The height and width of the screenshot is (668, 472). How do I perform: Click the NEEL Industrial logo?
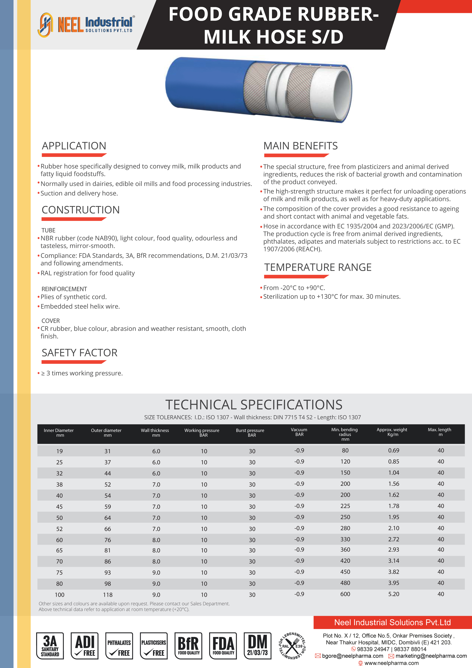pos(86,25)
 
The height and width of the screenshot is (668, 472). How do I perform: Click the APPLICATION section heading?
pos(74,146)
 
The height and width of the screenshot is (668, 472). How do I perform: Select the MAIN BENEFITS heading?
pos(300,146)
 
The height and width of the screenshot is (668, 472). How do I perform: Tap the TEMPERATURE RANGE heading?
pos(318,267)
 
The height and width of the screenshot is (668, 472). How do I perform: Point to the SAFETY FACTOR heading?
pos(79,353)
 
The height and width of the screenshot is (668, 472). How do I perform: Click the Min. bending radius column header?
pos(345,434)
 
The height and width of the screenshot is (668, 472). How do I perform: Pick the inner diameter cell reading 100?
pos(60,595)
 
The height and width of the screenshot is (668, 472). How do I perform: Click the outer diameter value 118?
pos(108,595)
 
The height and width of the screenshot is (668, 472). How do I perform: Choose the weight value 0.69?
pos(393,450)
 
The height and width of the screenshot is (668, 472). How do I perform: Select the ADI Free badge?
pos(85,646)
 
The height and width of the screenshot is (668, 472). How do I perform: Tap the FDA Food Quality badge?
pos(223,646)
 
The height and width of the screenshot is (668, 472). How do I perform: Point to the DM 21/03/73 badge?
pos(257,646)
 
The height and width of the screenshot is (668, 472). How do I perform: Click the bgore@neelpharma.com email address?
pos(352,656)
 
